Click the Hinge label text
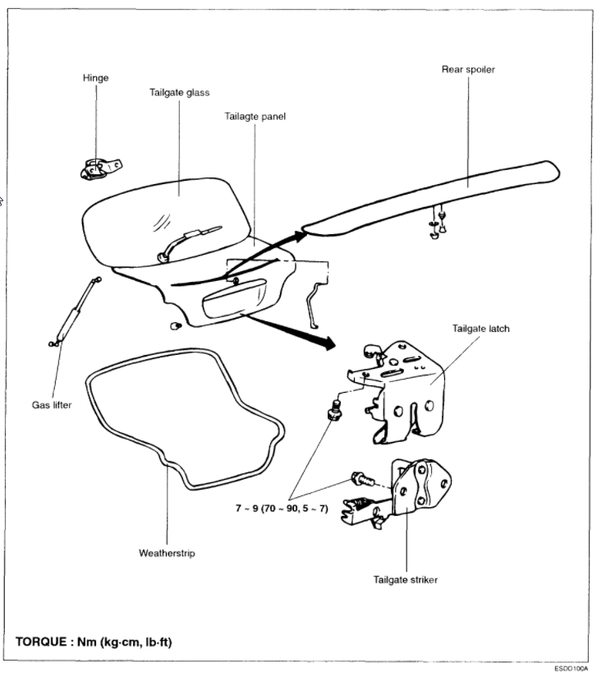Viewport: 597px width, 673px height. click(96, 78)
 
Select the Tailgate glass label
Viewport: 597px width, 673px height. click(180, 93)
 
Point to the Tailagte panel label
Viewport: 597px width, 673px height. click(255, 116)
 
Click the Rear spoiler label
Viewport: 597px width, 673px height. click(468, 70)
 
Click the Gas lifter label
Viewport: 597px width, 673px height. click(53, 405)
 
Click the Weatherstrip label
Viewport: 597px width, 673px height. click(167, 553)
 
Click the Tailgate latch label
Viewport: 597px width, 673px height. click(481, 329)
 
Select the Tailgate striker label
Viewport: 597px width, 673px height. click(406, 579)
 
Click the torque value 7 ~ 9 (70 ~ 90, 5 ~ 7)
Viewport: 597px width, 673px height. click(282, 509)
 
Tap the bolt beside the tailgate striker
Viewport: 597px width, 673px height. click(360, 477)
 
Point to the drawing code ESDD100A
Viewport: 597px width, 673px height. click(573, 668)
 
